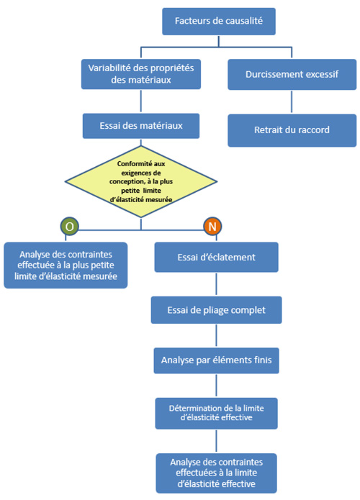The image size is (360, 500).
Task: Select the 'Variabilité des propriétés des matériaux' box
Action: coord(140,73)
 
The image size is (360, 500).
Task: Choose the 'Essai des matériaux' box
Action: coord(140,126)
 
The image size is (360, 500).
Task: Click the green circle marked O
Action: coord(69,226)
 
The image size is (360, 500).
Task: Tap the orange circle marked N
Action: coord(212,226)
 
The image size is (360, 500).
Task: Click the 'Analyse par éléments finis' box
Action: coord(216,360)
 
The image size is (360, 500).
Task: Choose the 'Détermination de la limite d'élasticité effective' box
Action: coord(216,412)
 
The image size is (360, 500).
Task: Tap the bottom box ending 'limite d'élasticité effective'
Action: coord(216,472)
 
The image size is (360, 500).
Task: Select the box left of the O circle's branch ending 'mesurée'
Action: coord(66,265)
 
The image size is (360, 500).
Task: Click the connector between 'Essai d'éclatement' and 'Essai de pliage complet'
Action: coord(216,283)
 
